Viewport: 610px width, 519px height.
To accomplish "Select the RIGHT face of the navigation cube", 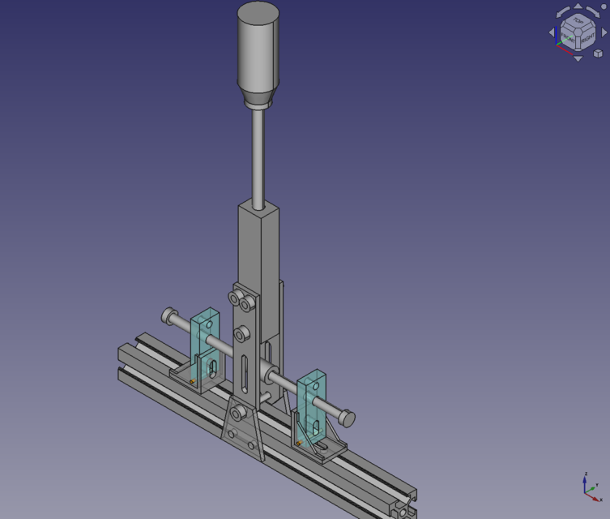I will point(587,37).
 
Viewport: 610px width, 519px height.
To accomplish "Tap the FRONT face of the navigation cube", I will point(569,37).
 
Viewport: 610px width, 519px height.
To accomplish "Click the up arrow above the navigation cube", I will point(578,6).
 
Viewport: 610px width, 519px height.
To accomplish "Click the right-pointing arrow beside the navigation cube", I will point(604,32).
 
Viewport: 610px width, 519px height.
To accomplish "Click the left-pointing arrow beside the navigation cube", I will point(552,32).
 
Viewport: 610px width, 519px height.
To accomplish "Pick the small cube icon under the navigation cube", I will point(598,54).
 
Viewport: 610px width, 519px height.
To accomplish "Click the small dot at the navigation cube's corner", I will point(603,7).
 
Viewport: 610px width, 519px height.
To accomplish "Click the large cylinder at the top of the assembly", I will point(258,49).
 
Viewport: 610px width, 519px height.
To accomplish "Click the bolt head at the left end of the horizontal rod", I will point(169,315).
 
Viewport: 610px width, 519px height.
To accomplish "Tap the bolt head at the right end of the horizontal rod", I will point(346,418).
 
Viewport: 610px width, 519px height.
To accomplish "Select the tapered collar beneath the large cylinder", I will point(258,100).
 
